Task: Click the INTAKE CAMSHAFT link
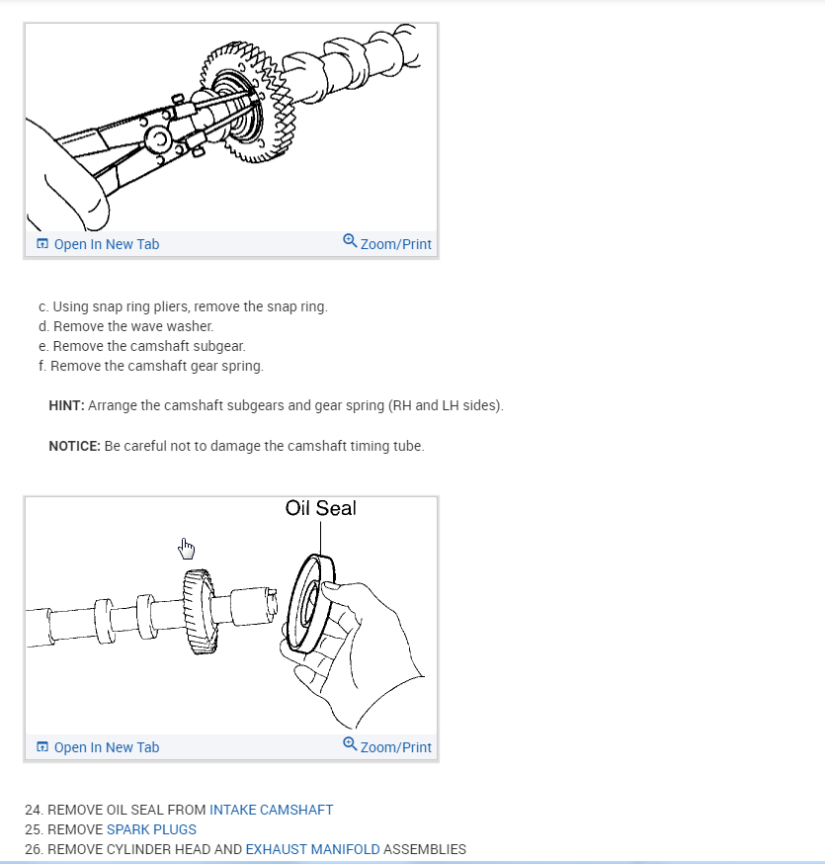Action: pos(271,810)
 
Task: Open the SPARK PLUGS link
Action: pos(151,829)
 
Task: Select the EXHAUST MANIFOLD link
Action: pos(312,849)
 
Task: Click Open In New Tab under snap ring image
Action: pos(98,244)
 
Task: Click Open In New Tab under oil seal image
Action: pos(98,747)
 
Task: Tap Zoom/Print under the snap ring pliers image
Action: pos(387,243)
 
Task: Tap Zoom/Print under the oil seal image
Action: pos(387,746)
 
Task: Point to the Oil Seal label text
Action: pos(320,508)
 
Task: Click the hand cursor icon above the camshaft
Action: pos(187,548)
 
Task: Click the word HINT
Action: pos(66,405)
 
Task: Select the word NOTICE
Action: pos(74,446)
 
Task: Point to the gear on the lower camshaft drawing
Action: pos(200,611)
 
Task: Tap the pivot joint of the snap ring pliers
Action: pos(157,139)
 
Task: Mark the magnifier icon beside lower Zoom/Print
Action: pos(350,743)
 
